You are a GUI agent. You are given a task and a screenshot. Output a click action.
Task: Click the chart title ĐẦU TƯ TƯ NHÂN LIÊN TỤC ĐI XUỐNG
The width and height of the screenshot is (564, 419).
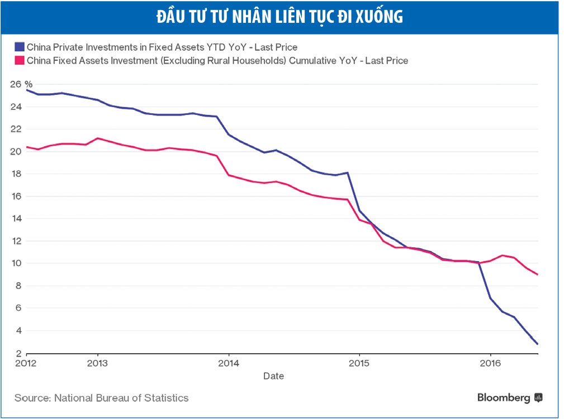point(280,17)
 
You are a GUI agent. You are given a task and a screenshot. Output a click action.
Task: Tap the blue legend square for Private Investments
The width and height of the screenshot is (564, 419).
point(20,47)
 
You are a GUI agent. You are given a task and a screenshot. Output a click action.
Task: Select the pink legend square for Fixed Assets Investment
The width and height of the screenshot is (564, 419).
point(20,60)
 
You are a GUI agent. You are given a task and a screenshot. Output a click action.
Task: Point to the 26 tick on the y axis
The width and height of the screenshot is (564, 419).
point(16,84)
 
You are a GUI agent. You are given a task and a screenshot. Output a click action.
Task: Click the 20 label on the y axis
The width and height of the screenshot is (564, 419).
point(16,151)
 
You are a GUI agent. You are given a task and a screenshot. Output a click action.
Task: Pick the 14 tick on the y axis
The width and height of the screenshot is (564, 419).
point(16,219)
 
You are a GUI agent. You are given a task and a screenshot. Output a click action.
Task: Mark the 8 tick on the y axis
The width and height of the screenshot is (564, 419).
point(18,286)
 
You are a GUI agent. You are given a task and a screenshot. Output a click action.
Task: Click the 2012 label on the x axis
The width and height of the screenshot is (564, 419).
point(26,363)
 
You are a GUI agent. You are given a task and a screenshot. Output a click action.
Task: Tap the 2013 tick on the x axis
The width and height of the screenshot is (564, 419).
point(98,363)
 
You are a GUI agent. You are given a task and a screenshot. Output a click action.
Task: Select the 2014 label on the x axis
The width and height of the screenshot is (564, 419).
point(229,363)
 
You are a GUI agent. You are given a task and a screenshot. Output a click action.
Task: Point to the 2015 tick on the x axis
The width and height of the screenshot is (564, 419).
point(359,363)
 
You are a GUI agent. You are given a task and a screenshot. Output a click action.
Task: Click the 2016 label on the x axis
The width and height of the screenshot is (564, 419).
point(490,363)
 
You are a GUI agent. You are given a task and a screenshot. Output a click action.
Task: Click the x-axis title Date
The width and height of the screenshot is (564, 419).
point(273,376)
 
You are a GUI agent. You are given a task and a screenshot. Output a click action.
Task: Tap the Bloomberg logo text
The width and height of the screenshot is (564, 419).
point(504,398)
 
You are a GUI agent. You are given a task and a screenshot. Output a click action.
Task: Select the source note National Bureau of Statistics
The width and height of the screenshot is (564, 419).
point(101,398)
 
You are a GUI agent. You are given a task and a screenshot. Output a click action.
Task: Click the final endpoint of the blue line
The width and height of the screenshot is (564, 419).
point(537,344)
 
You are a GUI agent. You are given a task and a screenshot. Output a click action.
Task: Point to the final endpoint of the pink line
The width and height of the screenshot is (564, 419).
point(537,274)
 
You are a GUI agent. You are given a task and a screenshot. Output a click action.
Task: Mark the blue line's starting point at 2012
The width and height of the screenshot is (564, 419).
point(26,90)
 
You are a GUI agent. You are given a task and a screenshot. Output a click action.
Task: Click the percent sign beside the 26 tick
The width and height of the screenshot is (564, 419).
point(29,84)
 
